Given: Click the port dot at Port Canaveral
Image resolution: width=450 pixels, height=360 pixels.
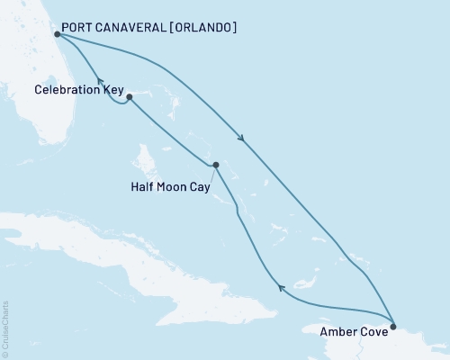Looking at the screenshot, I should [57, 34].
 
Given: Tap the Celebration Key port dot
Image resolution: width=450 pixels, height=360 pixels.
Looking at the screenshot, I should [130, 96].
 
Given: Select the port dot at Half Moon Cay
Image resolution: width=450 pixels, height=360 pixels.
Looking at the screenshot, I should [216, 165].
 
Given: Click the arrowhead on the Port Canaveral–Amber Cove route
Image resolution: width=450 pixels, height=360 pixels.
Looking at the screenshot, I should [241, 138].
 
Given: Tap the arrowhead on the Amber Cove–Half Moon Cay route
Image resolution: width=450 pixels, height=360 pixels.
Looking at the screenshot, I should [281, 288].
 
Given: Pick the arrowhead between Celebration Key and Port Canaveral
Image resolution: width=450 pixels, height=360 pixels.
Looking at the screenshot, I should [101, 81].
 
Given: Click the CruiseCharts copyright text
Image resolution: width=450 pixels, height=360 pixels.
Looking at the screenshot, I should [5, 329].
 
